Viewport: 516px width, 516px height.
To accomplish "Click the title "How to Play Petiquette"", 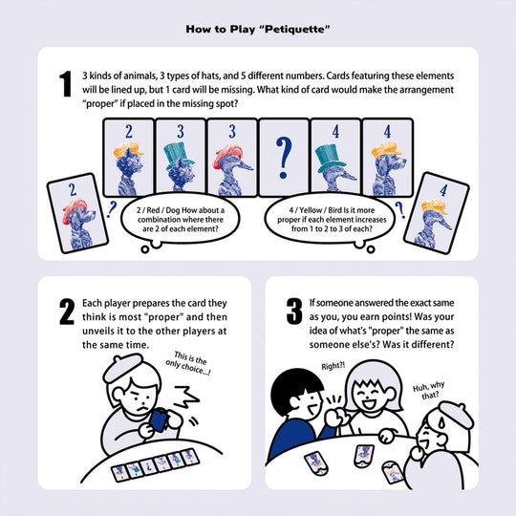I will pyautogui.click(x=258, y=29).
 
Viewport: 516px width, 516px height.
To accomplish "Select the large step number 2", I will pyautogui.click(x=66, y=312).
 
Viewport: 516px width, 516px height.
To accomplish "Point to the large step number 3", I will pyautogui.click(x=292, y=312).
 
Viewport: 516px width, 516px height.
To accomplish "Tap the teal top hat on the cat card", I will pyautogui.click(x=179, y=152).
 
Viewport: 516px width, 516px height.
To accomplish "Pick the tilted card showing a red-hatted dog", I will pyautogui.click(x=73, y=211).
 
